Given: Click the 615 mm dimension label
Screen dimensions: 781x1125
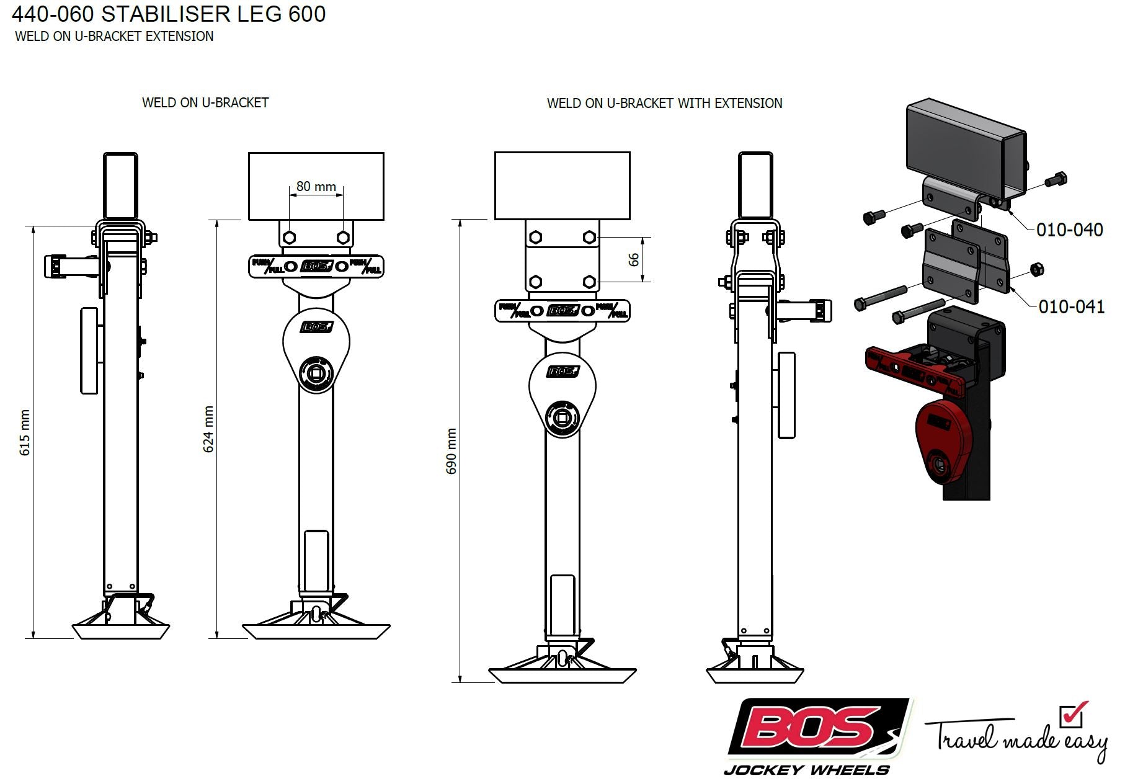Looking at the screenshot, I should point(25,432).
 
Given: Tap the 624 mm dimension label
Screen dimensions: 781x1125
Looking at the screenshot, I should point(208,429).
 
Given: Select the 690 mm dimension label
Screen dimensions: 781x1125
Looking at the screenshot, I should point(451,451).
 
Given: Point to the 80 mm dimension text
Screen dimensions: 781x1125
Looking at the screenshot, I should point(316,186).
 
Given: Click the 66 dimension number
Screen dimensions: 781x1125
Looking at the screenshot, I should point(633,259).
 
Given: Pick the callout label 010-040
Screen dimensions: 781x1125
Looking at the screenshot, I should point(1069,230).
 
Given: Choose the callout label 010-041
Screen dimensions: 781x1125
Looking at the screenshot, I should point(1071,306).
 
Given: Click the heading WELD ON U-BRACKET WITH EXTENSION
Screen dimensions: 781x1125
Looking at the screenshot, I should point(664,103).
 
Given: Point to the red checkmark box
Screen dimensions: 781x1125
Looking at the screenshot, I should point(1073,715).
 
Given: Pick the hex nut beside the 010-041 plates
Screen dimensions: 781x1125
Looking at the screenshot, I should point(1036,270).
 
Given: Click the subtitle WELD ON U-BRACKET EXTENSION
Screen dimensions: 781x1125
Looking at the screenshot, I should point(114,36).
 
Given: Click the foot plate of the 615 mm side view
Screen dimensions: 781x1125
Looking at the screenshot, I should point(121,631).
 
